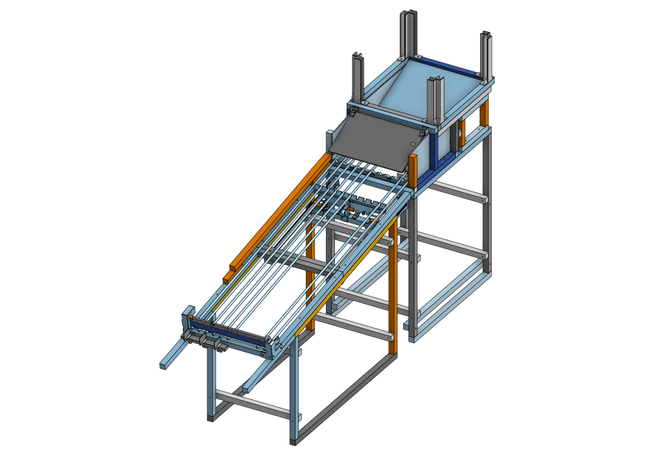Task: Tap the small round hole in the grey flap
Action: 413,144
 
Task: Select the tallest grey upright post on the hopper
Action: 408,33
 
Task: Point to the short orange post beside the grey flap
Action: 413,170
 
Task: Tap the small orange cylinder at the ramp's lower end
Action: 191,317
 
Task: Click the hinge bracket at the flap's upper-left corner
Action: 353,111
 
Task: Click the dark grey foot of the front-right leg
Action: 293,442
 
